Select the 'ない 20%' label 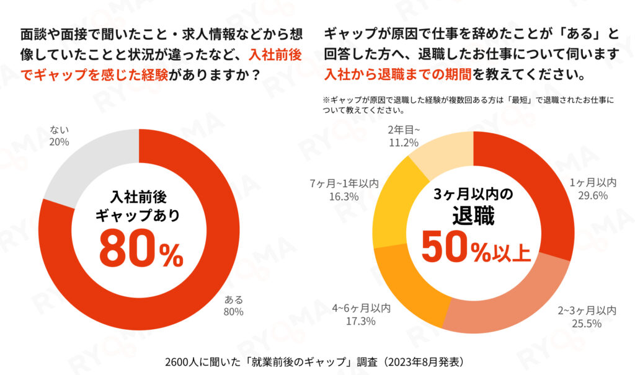pos(60,136)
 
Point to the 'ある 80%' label pos(233,306)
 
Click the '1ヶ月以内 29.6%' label pos(593,188)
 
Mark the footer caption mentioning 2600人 pos(317,361)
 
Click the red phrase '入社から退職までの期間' pos(397,75)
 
